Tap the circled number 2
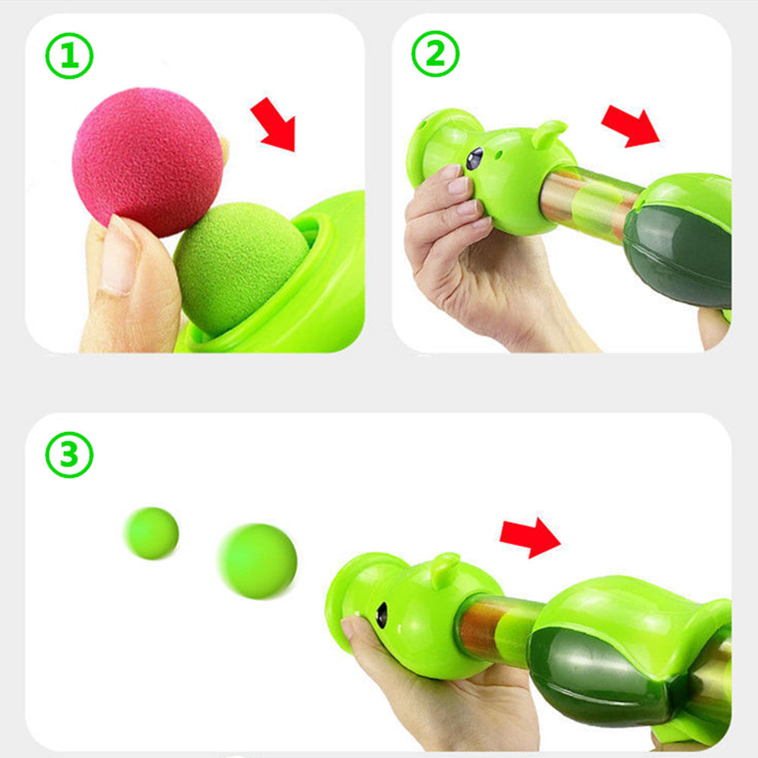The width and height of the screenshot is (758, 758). pos(435,55)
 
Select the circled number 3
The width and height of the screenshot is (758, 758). pos(69,454)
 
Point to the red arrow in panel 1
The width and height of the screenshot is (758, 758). pos(274,124)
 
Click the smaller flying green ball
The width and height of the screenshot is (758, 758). pos(152,533)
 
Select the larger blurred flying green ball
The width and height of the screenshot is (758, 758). pos(258,561)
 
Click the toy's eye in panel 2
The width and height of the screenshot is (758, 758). pos(475,158)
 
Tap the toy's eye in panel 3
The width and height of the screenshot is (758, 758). pos(381,615)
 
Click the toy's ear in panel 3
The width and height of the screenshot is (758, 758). pos(446,569)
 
